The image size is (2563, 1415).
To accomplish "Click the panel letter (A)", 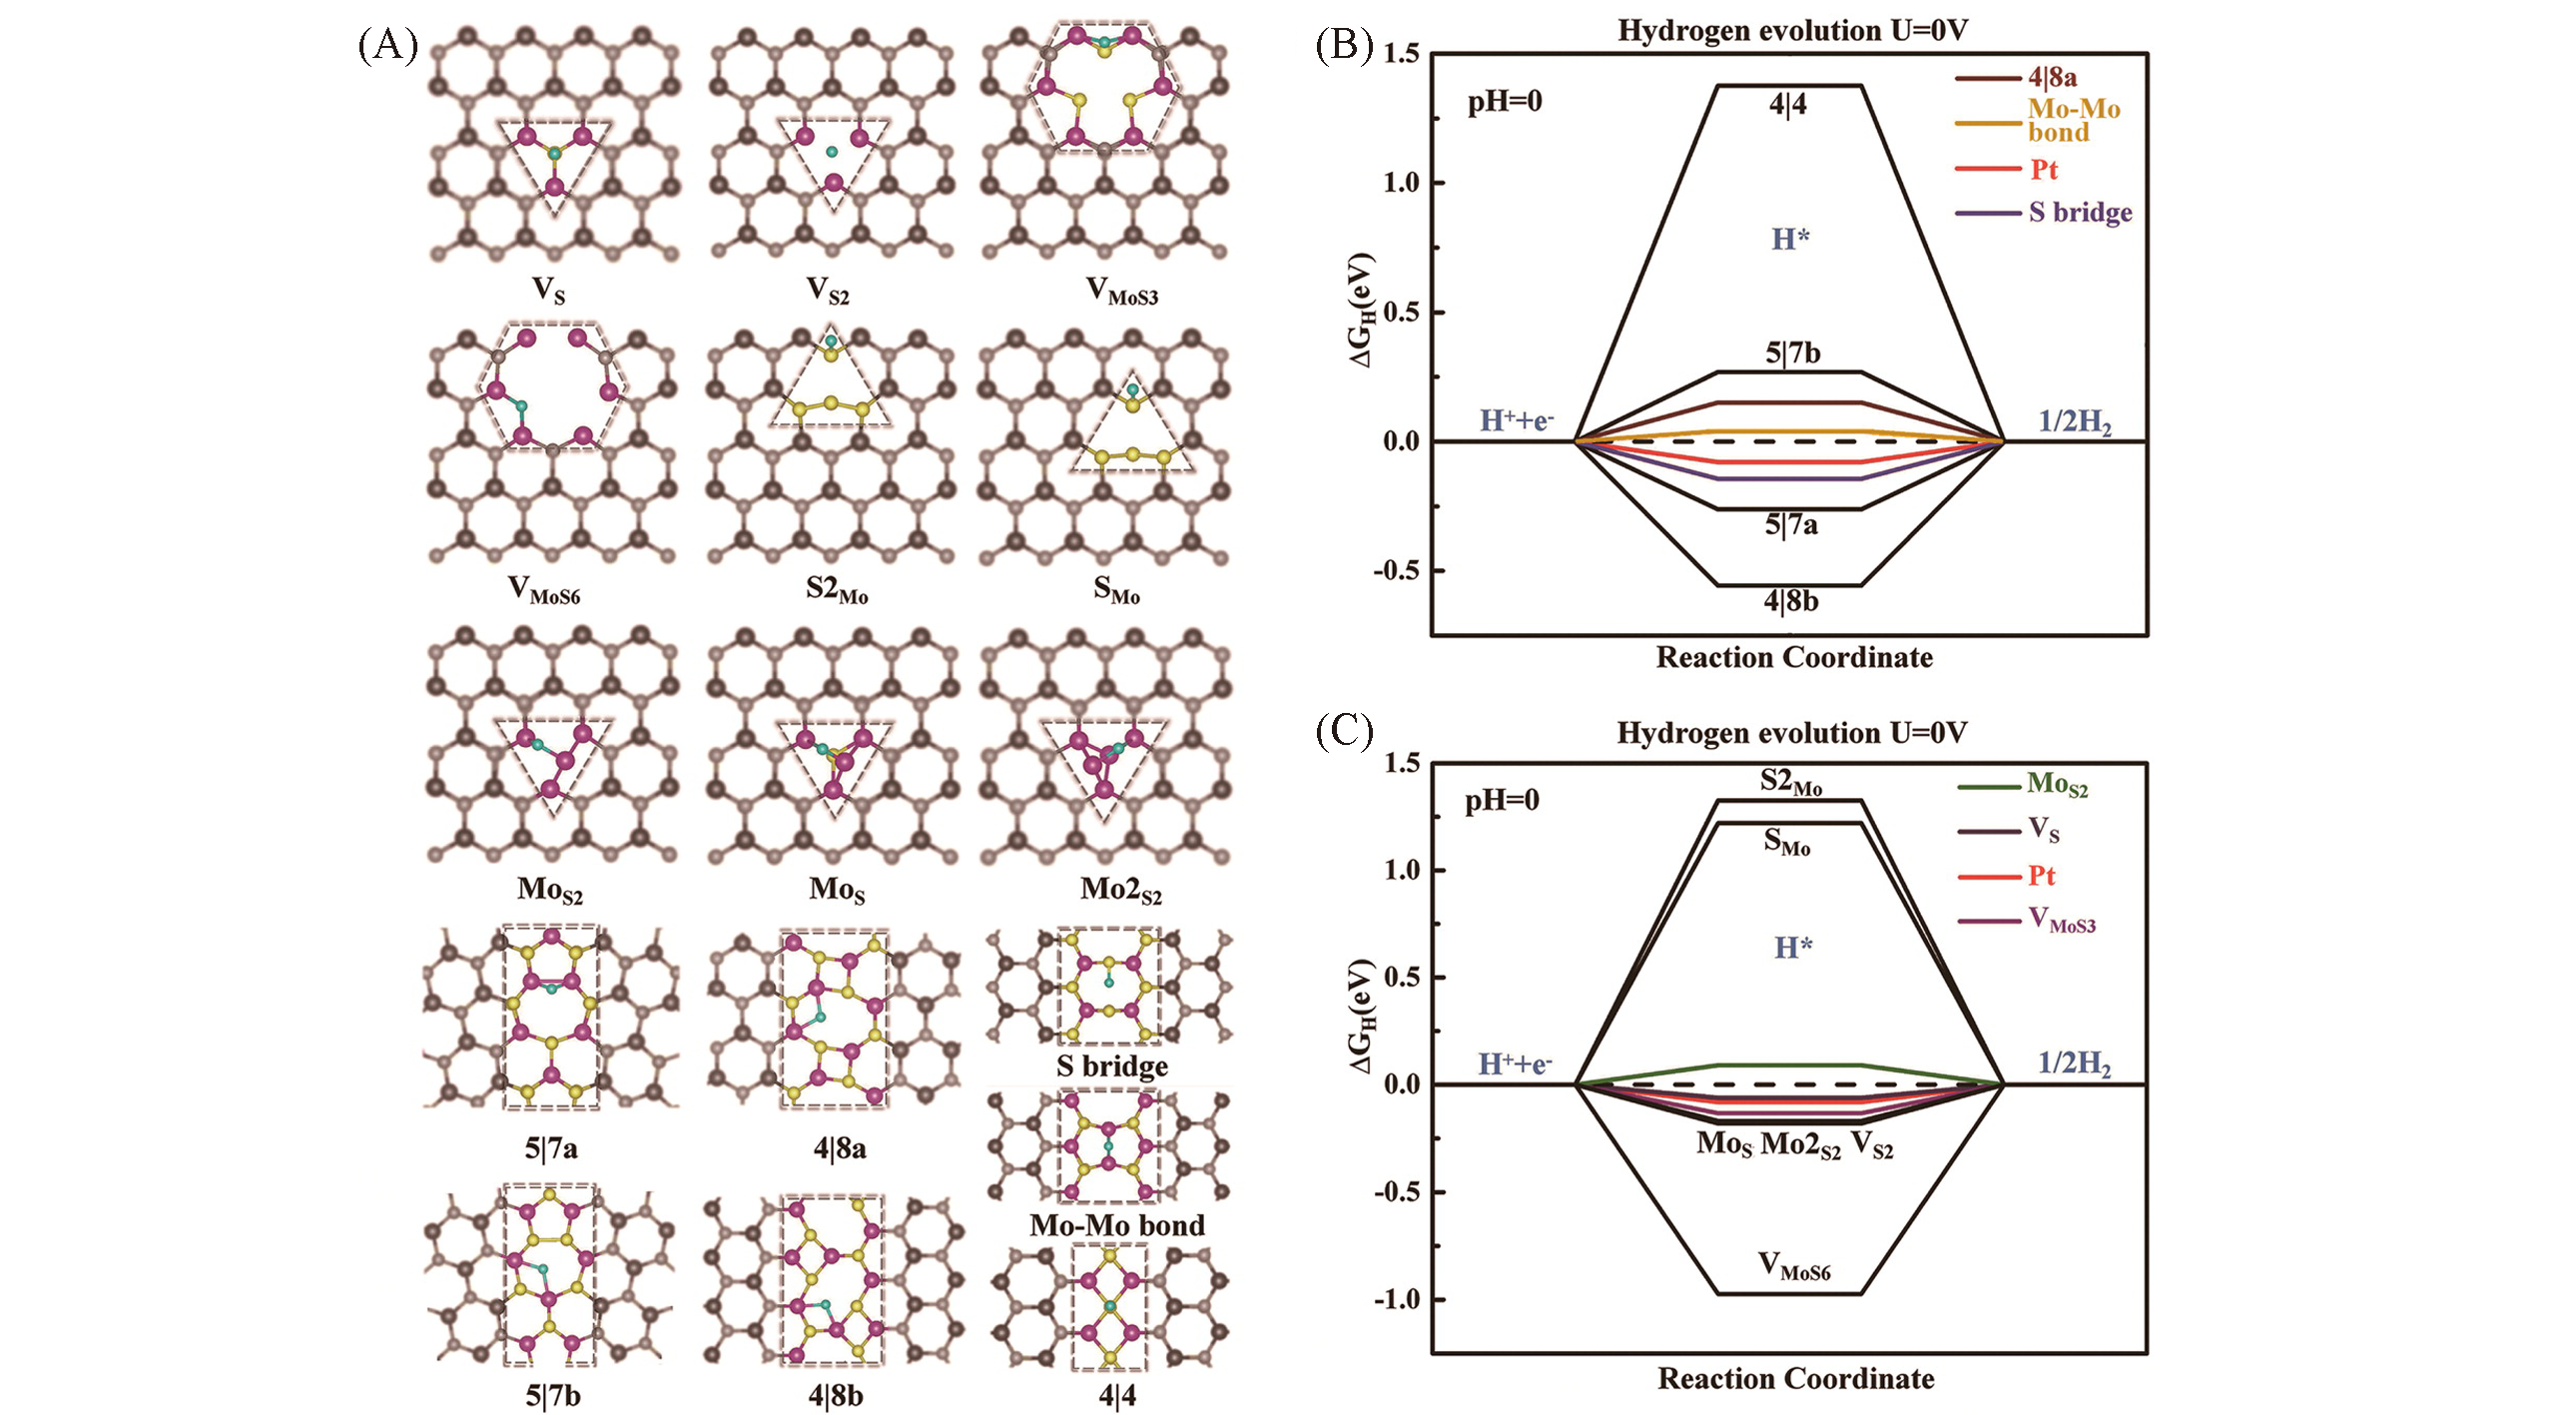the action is click(x=387, y=47).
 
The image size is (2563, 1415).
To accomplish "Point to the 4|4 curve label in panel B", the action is click(x=1787, y=105).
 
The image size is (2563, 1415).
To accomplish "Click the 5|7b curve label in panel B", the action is click(x=1792, y=353).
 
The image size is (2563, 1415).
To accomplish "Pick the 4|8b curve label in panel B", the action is click(x=1791, y=601).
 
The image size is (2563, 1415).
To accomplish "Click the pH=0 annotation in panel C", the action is click(x=1503, y=801).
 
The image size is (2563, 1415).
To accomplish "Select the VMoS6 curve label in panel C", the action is click(x=1794, y=1266).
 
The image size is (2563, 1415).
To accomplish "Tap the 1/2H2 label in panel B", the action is click(x=2075, y=422).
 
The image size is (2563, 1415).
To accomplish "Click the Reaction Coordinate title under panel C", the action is click(x=1796, y=1379).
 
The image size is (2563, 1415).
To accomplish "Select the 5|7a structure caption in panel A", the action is click(x=551, y=1148).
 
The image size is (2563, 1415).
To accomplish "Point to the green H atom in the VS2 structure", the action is click(x=831, y=152).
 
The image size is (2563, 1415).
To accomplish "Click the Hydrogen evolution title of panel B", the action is click(x=1793, y=31).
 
